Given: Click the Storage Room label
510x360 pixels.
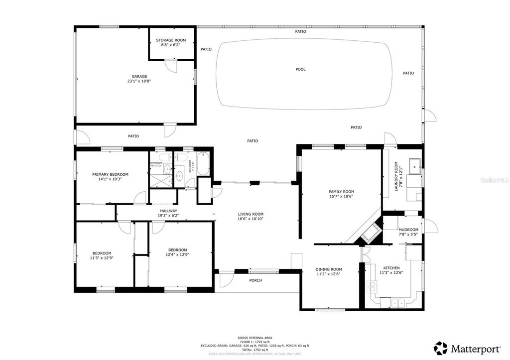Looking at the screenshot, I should pyautogui.click(x=171, y=40).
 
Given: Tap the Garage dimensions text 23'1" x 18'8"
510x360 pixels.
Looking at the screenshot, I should pyautogui.click(x=139, y=81).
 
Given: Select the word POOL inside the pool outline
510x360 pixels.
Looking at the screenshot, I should pyautogui.click(x=300, y=70).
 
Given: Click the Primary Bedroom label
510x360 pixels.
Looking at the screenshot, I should pyautogui.click(x=110, y=174).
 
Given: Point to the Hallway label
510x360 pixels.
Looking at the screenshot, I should pyautogui.click(x=168, y=211).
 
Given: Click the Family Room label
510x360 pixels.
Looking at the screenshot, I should pyautogui.click(x=341, y=192).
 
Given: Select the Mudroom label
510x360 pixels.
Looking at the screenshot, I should pyautogui.click(x=408, y=230).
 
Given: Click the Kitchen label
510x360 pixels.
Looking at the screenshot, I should pyautogui.click(x=391, y=268).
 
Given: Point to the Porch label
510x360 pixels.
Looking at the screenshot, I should pyautogui.click(x=255, y=280).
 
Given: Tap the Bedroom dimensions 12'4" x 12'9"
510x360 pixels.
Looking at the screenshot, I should pyautogui.click(x=178, y=255).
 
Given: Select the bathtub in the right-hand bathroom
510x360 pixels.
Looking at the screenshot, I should pyautogui.click(x=203, y=164).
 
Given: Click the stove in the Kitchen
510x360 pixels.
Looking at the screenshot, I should pyautogui.click(x=371, y=286).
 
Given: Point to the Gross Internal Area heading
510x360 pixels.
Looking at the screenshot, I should pyautogui.click(x=255, y=338).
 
